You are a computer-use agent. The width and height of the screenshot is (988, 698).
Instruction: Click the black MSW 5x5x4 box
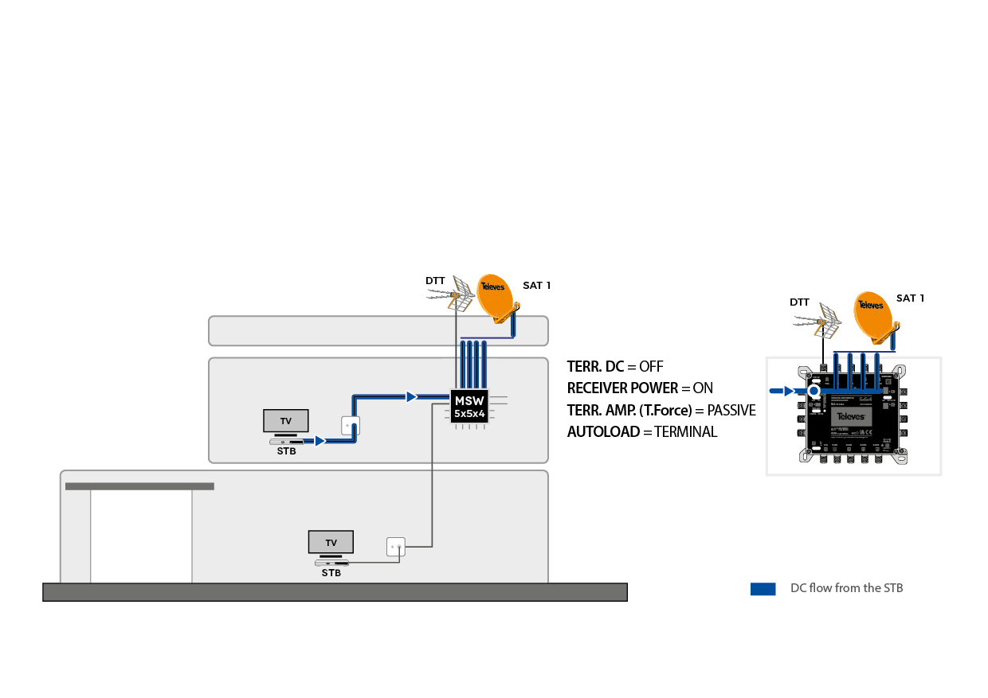469,407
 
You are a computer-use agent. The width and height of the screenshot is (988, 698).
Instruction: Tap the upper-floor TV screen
286,420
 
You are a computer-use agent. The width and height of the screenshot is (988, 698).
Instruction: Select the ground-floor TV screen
331,542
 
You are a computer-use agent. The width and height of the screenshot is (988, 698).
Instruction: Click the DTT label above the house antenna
435,281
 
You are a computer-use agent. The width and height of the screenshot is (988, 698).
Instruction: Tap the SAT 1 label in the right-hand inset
910,298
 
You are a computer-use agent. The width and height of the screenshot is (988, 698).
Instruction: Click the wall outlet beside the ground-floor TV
396,547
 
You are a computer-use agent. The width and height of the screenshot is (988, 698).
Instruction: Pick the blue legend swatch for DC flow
763,589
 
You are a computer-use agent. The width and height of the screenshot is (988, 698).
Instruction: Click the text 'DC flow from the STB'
846,588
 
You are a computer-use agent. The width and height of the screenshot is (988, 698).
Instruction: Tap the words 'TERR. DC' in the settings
595,367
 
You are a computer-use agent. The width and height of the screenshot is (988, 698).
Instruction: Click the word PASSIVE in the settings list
731,410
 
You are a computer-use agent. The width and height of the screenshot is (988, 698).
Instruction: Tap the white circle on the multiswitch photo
814,391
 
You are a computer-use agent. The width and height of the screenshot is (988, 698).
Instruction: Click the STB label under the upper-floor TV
286,451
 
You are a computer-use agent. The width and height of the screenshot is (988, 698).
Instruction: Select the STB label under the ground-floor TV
331,572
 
